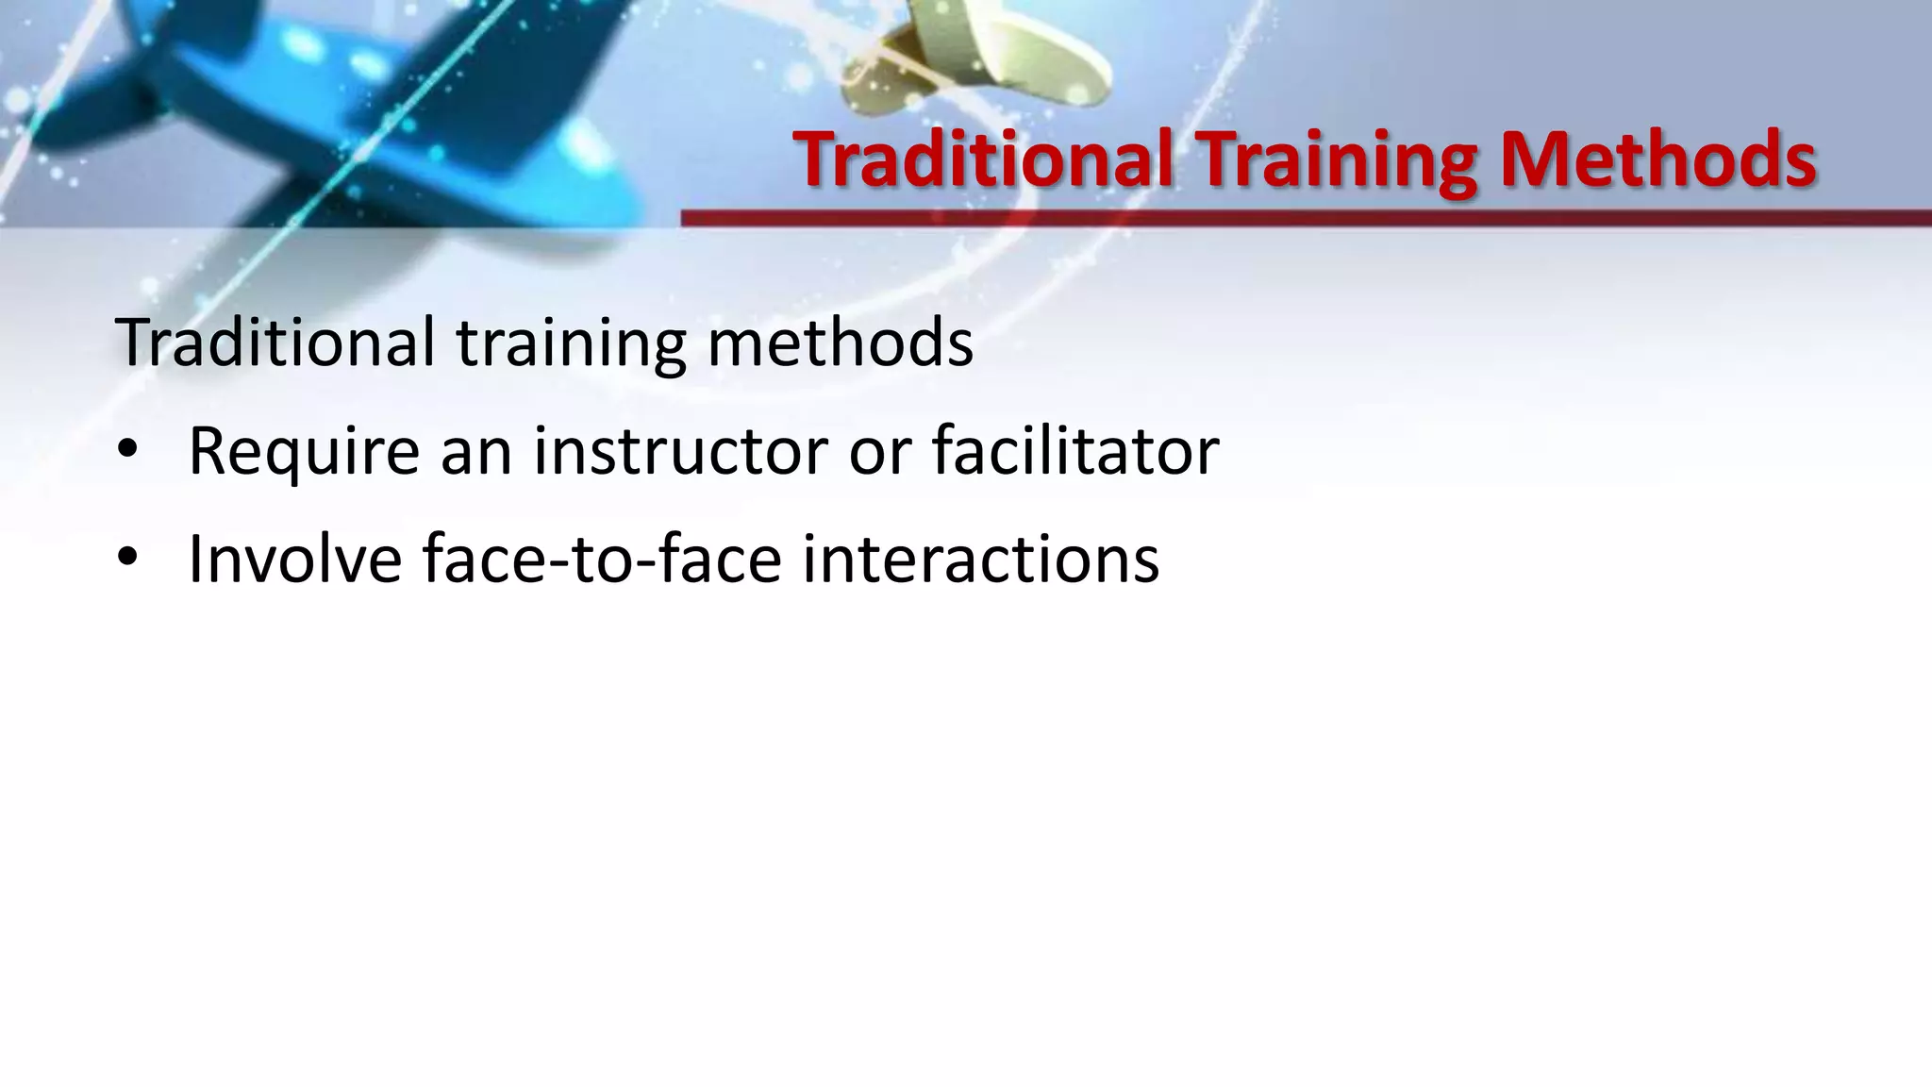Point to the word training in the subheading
coord(571,343)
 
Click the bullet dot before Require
coord(127,451)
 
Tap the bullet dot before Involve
coord(127,559)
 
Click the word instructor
coord(680,451)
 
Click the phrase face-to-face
coord(602,559)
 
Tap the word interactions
coord(980,559)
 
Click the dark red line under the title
coord(1306,218)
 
